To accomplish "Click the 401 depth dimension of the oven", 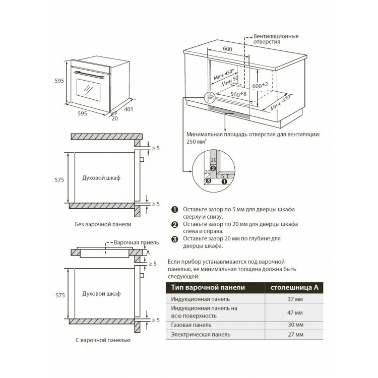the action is click(129, 109).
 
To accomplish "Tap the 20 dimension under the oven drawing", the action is click(115, 118).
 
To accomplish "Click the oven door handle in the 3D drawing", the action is click(89, 75).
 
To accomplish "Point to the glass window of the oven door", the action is click(89, 89).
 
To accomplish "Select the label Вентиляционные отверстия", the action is click(276, 39).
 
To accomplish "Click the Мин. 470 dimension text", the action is click(280, 102).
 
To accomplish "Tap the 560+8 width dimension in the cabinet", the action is click(238, 94).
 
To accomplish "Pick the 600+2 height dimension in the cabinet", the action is click(260, 85).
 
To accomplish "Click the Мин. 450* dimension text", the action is click(224, 75).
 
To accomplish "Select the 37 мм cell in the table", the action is click(295, 299).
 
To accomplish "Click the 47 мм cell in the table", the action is click(295, 312).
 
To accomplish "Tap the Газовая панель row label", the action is click(191, 325).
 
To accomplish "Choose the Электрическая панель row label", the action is click(201, 334).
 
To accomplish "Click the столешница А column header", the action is click(294, 287).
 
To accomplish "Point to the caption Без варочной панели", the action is click(103, 224).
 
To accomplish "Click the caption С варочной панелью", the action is click(103, 340).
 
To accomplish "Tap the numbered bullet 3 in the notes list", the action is click(174, 239).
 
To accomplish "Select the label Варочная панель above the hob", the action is click(137, 242).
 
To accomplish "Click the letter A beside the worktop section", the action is click(148, 252).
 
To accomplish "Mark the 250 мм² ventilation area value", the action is click(197, 142).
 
